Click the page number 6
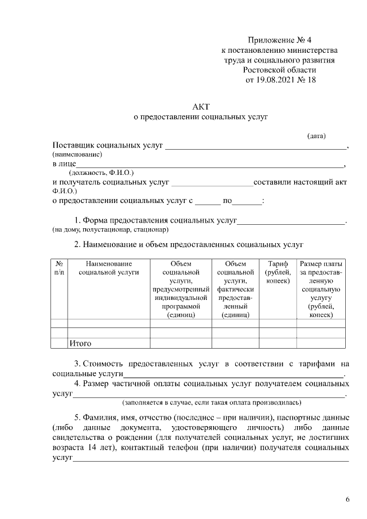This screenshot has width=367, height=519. point(348,500)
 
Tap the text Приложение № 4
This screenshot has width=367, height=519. point(280,40)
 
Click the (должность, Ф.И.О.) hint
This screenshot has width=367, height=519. point(101,173)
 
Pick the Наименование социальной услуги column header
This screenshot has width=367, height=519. point(109,268)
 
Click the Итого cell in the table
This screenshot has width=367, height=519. point(81,344)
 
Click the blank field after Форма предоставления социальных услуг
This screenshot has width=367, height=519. point(291,221)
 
